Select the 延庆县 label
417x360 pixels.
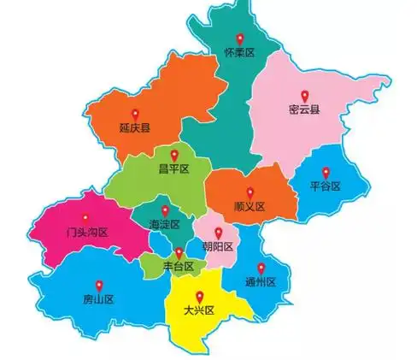135,128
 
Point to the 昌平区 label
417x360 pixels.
173,169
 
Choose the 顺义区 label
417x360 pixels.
250,207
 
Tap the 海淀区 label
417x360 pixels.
165,224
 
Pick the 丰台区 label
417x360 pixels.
179,267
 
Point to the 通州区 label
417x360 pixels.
261,282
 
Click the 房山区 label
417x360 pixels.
98,299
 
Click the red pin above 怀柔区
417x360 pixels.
240,38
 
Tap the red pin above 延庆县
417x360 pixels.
134,113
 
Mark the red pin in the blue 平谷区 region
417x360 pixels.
326,171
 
